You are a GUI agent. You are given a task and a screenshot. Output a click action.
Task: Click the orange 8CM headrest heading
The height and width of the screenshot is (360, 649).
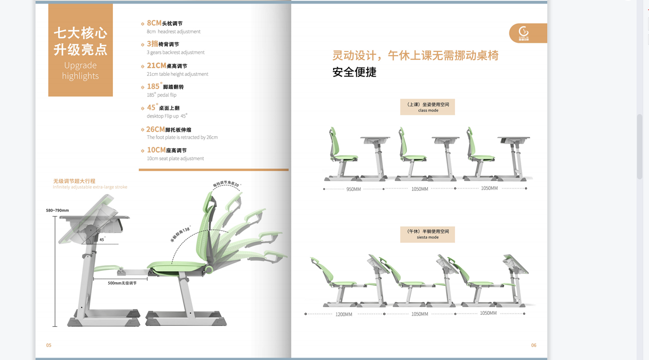click(164, 23)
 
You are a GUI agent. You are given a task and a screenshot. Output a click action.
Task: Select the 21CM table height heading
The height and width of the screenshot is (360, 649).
click(167, 66)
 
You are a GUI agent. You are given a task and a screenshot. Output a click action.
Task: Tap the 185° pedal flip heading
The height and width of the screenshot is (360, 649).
click(165, 87)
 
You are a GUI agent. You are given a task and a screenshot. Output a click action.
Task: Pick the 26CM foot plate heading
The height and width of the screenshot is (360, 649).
click(168, 130)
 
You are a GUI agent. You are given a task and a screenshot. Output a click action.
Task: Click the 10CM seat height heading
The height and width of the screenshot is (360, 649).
click(167, 150)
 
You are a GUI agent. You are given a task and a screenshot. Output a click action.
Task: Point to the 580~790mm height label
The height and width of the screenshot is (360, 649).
click(57, 210)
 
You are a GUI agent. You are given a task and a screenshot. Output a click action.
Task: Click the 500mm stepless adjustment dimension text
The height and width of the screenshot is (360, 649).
click(122, 283)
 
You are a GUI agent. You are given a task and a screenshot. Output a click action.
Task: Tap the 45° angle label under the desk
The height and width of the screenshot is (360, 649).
click(102, 240)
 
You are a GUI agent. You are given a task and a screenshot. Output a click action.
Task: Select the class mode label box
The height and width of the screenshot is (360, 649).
click(427, 107)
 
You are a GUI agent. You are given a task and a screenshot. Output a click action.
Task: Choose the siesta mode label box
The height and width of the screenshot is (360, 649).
click(427, 234)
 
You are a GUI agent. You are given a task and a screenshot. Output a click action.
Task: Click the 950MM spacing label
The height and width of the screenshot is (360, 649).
click(354, 190)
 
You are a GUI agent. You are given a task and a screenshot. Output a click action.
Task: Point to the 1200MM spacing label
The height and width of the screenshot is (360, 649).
click(343, 314)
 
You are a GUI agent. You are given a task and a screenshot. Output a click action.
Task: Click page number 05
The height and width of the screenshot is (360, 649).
click(49, 345)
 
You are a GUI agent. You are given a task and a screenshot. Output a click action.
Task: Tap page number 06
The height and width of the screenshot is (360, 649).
click(534, 345)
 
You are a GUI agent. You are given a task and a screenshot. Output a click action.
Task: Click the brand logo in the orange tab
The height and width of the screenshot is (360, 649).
click(524, 33)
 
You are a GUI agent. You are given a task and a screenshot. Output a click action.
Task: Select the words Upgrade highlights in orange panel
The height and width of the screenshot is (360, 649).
click(80, 71)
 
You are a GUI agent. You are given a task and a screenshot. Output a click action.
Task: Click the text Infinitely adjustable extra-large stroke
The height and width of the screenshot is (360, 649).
click(90, 187)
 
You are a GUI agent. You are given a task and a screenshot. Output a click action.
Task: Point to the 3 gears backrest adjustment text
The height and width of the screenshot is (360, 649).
click(175, 52)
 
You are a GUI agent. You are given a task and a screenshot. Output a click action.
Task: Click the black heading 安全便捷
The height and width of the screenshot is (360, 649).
click(354, 72)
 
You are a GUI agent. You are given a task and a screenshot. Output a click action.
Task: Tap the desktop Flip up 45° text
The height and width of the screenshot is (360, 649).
click(167, 116)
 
